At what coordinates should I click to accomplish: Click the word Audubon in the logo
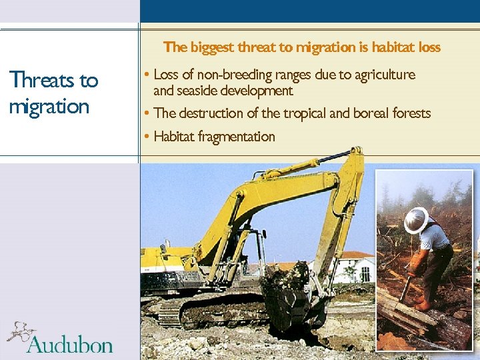[69, 345]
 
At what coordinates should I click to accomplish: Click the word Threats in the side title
[43, 81]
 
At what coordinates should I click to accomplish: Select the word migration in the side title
[49, 107]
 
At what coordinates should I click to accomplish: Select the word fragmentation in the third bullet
[234, 137]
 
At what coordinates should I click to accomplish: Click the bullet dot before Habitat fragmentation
[146, 137]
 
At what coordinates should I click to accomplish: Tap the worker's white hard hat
[416, 220]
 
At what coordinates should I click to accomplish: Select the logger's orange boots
[421, 303]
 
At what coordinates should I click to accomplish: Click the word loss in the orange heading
[429, 47]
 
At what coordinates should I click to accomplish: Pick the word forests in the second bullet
[411, 113]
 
